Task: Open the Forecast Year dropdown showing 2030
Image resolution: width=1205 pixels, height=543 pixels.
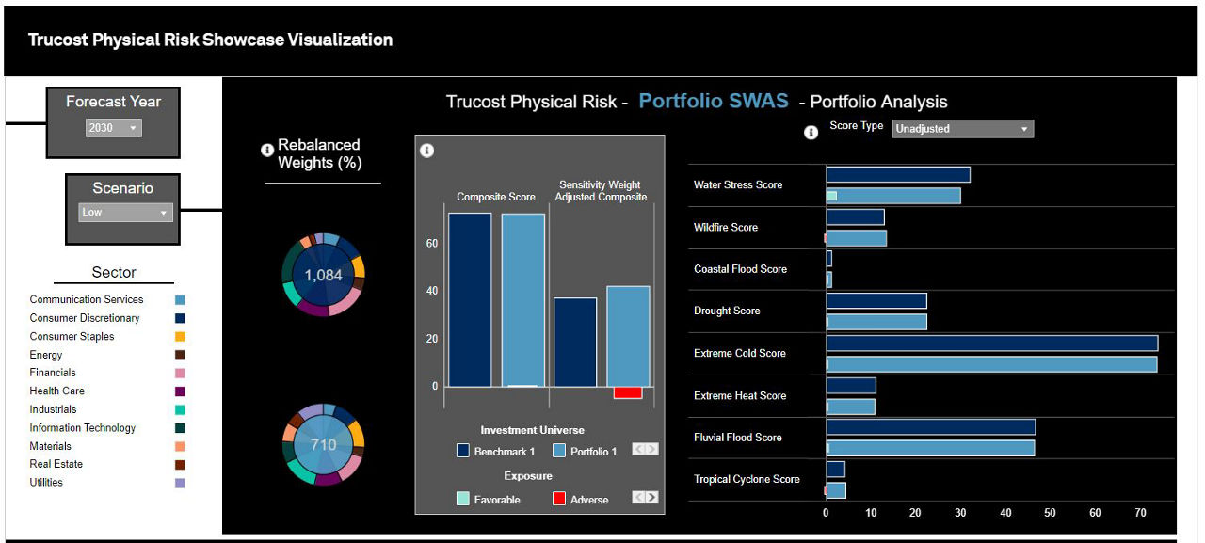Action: pyautogui.click(x=113, y=128)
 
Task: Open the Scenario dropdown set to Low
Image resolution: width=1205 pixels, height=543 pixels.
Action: pyautogui.click(x=125, y=213)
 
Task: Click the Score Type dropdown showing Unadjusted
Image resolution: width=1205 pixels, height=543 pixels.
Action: pyautogui.click(x=962, y=129)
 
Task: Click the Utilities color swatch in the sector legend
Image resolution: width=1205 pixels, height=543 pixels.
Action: pyautogui.click(x=180, y=483)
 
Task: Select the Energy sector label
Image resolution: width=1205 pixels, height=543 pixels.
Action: pyautogui.click(x=46, y=355)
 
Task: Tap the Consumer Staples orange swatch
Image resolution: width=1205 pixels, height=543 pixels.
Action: pyautogui.click(x=180, y=337)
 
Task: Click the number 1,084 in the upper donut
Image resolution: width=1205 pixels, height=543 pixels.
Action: pyautogui.click(x=323, y=276)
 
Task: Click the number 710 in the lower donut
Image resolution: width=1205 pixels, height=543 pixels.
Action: pyautogui.click(x=323, y=444)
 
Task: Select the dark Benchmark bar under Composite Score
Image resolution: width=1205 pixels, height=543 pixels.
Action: pyautogui.click(x=470, y=299)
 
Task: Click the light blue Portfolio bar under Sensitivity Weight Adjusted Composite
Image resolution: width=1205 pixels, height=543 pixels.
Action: pyautogui.click(x=628, y=336)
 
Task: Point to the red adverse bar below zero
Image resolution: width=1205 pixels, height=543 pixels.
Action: pyautogui.click(x=628, y=392)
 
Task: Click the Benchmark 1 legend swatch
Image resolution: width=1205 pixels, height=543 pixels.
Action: pyautogui.click(x=463, y=451)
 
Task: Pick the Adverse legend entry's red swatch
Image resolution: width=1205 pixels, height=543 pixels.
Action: pyautogui.click(x=559, y=499)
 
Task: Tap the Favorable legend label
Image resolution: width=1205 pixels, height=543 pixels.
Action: pyautogui.click(x=498, y=500)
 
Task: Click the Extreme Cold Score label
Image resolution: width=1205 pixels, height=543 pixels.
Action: pyautogui.click(x=739, y=353)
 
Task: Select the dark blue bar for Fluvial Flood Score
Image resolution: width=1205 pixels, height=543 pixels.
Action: pyautogui.click(x=930, y=427)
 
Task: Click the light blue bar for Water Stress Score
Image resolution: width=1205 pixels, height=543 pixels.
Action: pyautogui.click(x=893, y=196)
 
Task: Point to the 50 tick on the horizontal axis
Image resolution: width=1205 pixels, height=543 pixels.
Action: pyautogui.click(x=1050, y=513)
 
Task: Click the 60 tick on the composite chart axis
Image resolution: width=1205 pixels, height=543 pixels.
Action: pyautogui.click(x=432, y=244)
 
